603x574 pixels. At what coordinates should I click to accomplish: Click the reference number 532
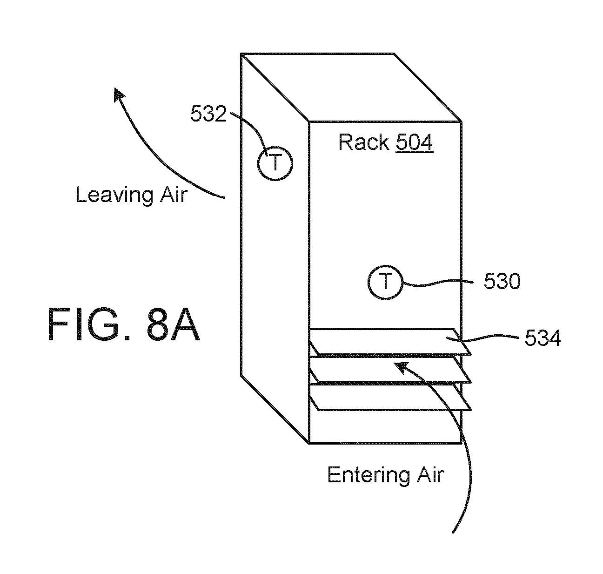pyautogui.click(x=208, y=114)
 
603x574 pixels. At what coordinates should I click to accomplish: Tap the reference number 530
pyautogui.click(x=502, y=281)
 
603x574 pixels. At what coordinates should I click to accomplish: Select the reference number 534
pyautogui.click(x=543, y=338)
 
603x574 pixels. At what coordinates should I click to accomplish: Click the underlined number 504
pyautogui.click(x=414, y=142)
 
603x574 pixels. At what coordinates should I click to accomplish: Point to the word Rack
pyautogui.click(x=364, y=142)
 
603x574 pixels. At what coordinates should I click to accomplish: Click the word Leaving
pyautogui.click(x=114, y=195)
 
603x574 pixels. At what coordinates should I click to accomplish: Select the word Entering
pyautogui.click(x=368, y=475)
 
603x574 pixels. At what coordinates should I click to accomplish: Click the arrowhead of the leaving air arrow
pyautogui.click(x=118, y=94)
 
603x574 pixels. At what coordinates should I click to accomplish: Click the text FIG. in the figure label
pyautogui.click(x=89, y=324)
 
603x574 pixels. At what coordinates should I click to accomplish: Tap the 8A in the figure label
pyautogui.click(x=173, y=324)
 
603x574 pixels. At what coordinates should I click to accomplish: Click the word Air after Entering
pyautogui.click(x=430, y=475)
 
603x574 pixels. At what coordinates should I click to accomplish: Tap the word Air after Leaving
pyautogui.click(x=174, y=195)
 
